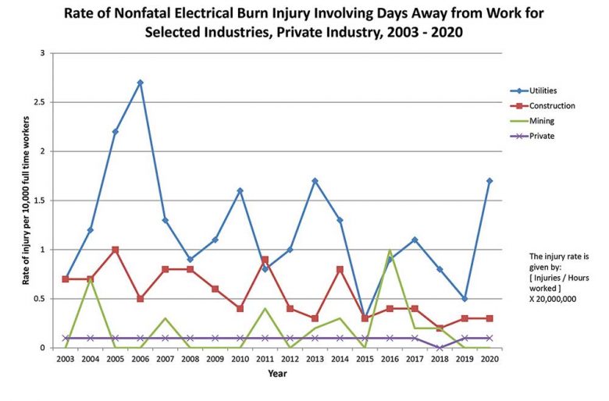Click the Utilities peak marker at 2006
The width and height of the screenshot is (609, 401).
tap(140, 83)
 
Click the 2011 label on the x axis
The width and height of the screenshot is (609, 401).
tap(265, 359)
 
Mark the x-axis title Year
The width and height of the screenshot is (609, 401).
tap(277, 373)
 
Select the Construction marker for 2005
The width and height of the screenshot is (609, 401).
tap(115, 250)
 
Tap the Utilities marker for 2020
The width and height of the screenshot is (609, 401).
tap(490, 181)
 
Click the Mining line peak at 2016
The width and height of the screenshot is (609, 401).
tap(390, 250)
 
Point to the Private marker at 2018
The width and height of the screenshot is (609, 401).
tap(440, 348)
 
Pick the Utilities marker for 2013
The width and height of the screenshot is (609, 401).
tap(315, 181)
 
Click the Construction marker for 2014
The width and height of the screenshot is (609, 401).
tap(340, 269)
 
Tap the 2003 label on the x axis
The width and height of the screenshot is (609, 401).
tap(65, 359)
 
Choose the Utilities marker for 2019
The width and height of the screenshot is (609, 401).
tap(465, 299)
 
